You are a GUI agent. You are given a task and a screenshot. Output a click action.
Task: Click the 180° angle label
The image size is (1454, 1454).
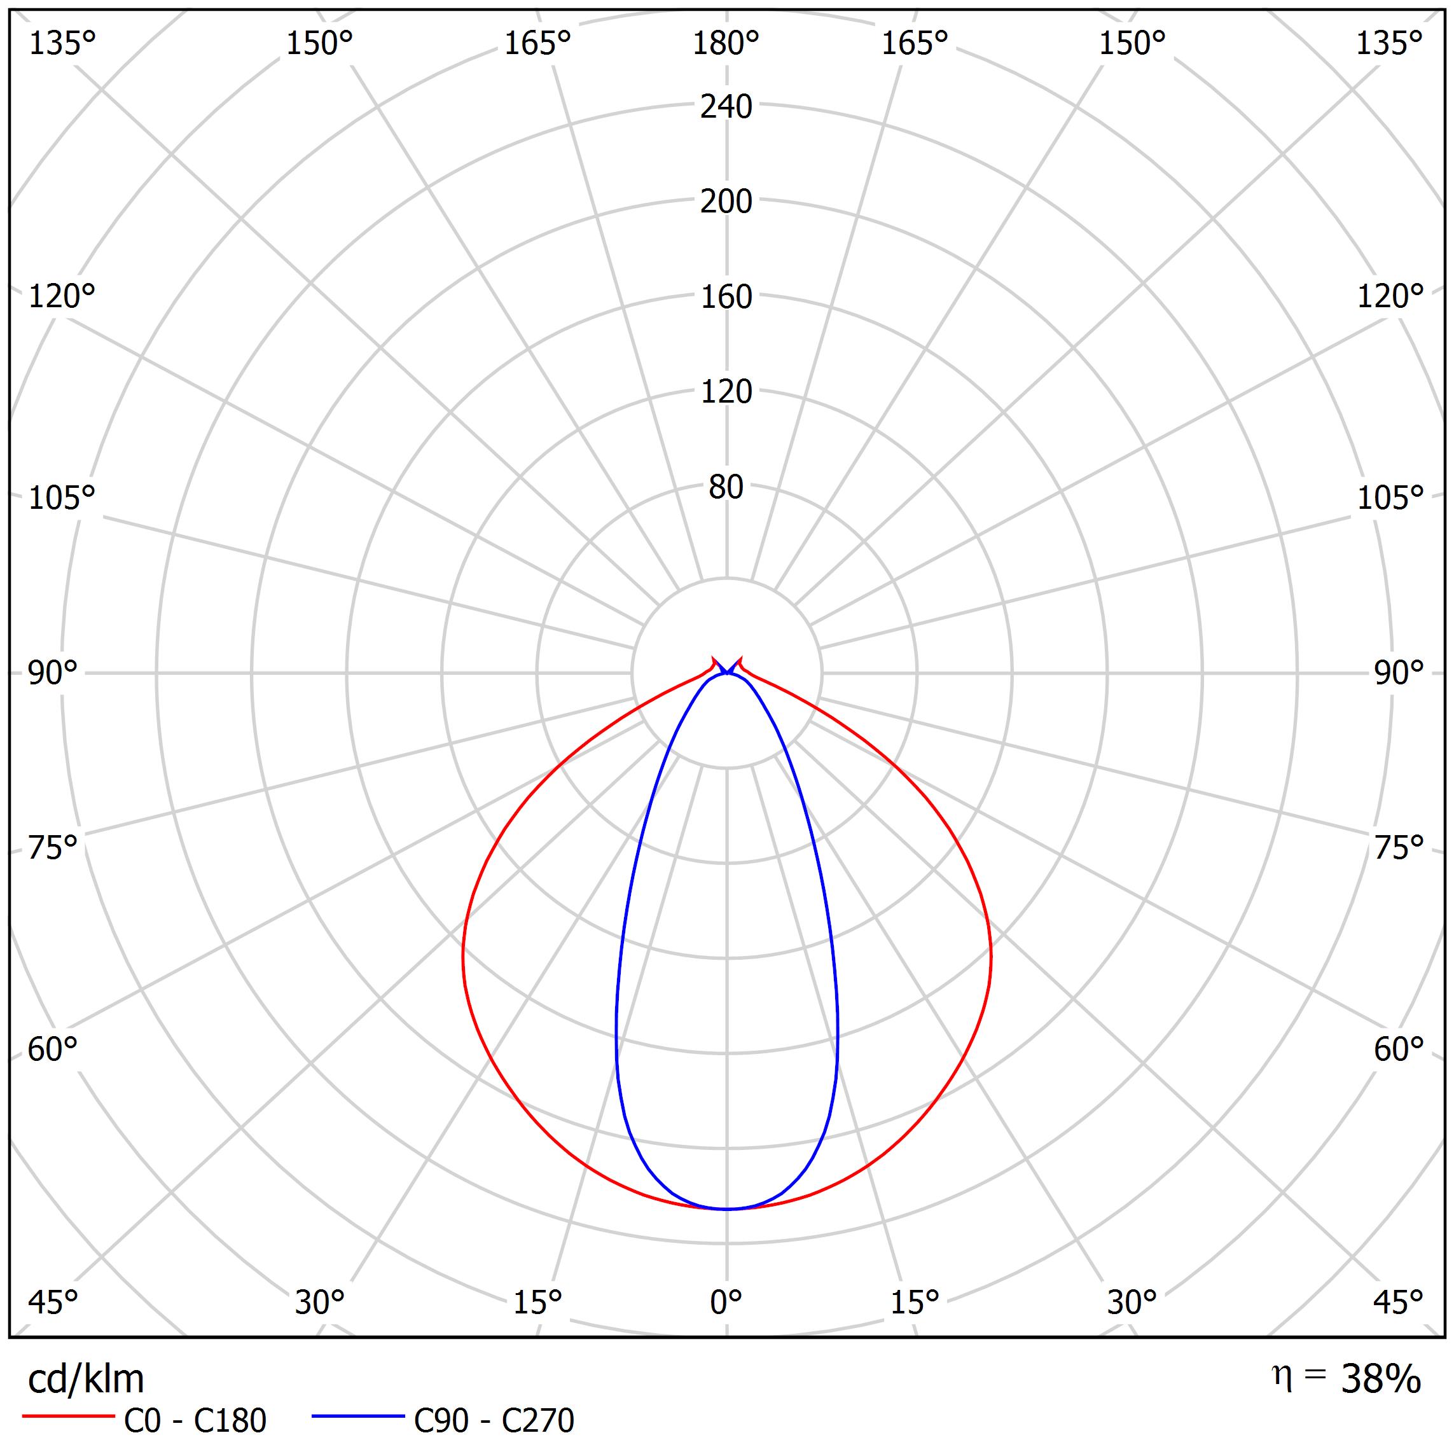726,45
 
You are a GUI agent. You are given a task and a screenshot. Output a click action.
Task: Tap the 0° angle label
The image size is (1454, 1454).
726,1301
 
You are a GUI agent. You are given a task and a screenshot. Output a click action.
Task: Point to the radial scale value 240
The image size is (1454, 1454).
726,107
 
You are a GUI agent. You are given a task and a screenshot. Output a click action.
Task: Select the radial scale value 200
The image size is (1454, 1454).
726,202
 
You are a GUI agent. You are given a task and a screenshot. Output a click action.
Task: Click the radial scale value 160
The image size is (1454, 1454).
726,297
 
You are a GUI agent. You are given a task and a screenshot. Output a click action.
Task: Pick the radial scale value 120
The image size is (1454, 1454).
726,392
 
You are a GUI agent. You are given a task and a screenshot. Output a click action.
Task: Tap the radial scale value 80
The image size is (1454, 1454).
726,488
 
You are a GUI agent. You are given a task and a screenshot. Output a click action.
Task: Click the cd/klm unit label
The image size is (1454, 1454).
86,1379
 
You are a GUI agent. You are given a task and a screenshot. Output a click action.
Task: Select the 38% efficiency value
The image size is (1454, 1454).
1380,1379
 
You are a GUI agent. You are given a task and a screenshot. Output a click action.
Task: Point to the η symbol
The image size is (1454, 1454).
1280,1374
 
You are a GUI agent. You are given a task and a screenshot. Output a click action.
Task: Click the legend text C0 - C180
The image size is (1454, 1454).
195,1421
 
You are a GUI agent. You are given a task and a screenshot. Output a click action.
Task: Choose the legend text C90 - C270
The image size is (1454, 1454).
494,1421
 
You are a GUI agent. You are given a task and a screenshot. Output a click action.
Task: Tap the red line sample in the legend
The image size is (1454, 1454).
67,1417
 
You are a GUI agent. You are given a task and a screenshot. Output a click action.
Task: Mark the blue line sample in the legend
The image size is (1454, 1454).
358,1417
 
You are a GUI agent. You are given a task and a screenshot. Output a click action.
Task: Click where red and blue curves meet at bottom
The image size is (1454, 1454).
726,1209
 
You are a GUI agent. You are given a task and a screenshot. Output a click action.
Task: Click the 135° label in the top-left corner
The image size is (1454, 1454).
62,45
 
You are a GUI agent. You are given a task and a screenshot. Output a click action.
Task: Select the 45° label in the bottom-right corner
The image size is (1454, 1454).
1397,1301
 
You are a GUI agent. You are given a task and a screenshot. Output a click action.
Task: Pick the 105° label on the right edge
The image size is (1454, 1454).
1389,497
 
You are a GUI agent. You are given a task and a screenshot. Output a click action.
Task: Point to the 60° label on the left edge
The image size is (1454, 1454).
53,1049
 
